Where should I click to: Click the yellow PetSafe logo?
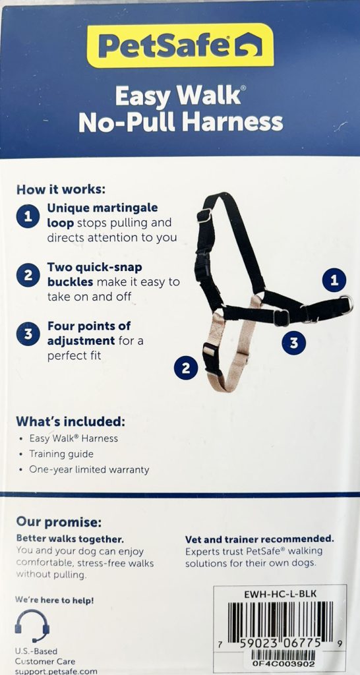pyautogui.click(x=180, y=45)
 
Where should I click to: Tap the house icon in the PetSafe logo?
pyautogui.click(x=248, y=45)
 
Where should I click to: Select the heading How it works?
pyautogui.click(x=61, y=189)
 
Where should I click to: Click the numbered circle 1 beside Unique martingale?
pyautogui.click(x=28, y=216)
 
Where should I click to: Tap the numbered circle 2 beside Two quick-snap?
pyautogui.click(x=28, y=276)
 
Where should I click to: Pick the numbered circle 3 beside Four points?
pyautogui.click(x=28, y=334)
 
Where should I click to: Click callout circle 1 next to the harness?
pyautogui.click(x=334, y=281)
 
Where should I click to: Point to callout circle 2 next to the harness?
pyautogui.click(x=185, y=368)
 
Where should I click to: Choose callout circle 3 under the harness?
pyautogui.click(x=293, y=343)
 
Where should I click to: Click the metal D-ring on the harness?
pyautogui.click(x=347, y=305)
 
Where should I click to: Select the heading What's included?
pyautogui.click(x=71, y=421)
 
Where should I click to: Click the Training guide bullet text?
pyautogui.click(x=61, y=454)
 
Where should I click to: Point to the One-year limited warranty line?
pyautogui.click(x=89, y=469)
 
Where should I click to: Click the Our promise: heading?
pyautogui.click(x=59, y=523)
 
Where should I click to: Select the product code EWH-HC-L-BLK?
pyautogui.click(x=280, y=594)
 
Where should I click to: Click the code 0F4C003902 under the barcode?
pyautogui.click(x=284, y=663)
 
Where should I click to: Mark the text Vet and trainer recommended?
pyautogui.click(x=260, y=539)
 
